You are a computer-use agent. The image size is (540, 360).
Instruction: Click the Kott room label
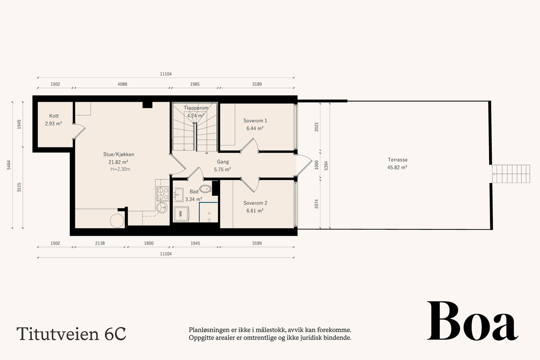[54, 116]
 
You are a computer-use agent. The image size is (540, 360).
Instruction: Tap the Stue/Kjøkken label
[118, 155]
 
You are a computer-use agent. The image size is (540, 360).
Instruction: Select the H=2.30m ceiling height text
[120, 169]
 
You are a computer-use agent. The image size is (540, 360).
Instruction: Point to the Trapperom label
[196, 108]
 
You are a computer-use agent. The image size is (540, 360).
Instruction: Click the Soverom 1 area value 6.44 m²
[255, 129]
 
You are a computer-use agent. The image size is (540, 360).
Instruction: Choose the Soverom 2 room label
[255, 203]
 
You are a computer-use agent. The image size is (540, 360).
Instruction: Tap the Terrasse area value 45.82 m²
[397, 167]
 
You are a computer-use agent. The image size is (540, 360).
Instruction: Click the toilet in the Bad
[206, 189]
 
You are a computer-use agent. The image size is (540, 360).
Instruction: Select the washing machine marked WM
[181, 214]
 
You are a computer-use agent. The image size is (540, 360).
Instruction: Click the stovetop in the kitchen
[163, 194]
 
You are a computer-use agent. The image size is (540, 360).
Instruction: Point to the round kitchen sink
[162, 207]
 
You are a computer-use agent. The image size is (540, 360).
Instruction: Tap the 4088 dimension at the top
[122, 84]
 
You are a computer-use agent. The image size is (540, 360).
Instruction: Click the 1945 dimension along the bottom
[195, 243]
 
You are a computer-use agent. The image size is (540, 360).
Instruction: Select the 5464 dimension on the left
[9, 165]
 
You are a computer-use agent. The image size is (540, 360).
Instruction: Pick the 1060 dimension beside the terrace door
[317, 165]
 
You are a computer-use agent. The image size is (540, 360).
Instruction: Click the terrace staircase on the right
[511, 174]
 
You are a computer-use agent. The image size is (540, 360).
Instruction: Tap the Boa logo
[473, 321]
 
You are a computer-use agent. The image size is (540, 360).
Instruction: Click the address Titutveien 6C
[71, 334]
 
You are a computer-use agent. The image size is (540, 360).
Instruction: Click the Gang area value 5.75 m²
[222, 170]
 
